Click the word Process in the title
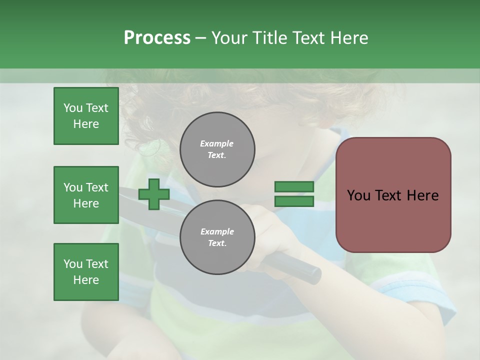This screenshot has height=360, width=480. tap(157, 37)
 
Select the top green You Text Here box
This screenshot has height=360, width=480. tap(86, 116)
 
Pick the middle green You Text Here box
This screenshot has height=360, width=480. tap(86, 195)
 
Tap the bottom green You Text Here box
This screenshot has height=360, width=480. tap(86, 272)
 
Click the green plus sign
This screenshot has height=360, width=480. tap(154, 194)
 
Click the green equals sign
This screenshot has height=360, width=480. tap(294, 194)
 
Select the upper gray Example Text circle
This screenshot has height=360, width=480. tap(217, 149)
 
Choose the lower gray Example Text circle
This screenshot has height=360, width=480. tap(217, 237)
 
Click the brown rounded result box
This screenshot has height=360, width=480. tap(393, 195)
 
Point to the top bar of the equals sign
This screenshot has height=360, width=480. tap(294, 187)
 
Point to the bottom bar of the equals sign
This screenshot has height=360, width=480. tap(294, 201)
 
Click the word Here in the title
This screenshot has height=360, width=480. tap(349, 37)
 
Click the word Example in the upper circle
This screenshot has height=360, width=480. tap(217, 143)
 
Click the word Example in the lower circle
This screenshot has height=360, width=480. tap(217, 231)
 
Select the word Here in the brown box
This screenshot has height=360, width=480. tap(422, 195)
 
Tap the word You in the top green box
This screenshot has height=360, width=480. tap(72, 108)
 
